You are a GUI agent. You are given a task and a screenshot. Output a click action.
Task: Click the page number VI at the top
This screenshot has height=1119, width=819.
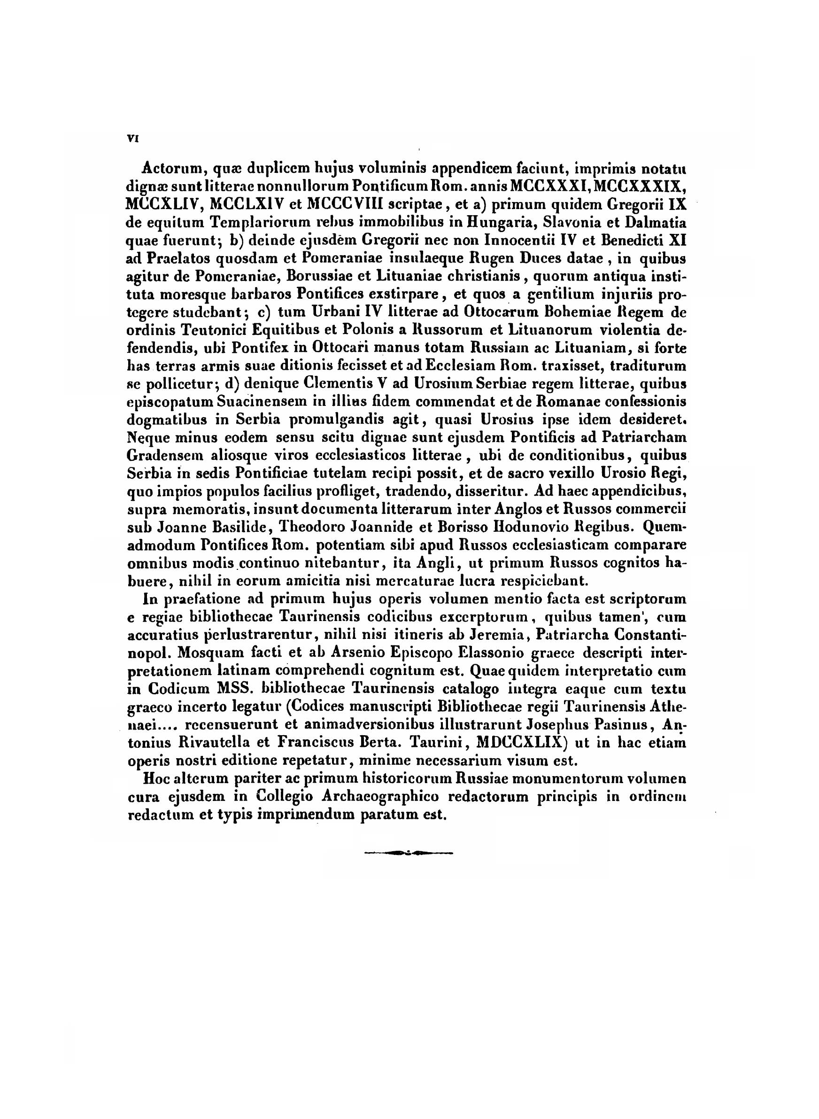[132, 140]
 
